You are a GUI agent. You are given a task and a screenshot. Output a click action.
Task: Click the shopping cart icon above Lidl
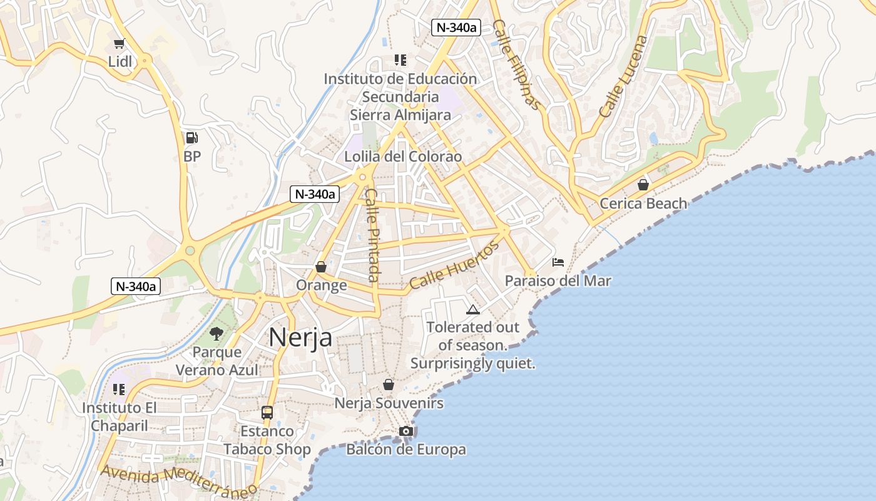[x=120, y=43]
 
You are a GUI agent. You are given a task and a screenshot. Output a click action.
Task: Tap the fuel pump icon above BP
[x=192, y=138]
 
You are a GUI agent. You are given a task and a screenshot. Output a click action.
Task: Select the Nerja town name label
[x=300, y=337]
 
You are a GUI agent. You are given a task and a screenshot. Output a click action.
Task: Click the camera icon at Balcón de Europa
[x=406, y=431]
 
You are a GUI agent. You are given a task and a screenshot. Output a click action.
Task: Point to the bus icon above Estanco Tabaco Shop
[x=267, y=413]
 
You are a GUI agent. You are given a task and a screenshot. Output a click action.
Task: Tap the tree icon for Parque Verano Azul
[x=216, y=333]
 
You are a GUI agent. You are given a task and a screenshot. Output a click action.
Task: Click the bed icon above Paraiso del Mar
[x=558, y=262]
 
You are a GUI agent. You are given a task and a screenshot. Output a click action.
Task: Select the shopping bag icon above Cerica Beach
[x=643, y=185]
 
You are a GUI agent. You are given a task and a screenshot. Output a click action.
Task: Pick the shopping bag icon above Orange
[x=321, y=267]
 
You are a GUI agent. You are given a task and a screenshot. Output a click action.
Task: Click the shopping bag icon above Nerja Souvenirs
[x=389, y=385]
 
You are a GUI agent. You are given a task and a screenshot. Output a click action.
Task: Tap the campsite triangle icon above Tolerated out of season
[x=473, y=309]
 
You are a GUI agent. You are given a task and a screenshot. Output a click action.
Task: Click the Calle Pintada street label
[x=373, y=235]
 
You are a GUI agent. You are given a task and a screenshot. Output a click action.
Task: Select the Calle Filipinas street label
[x=516, y=65]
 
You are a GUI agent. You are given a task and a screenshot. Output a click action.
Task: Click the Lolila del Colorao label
[x=403, y=157]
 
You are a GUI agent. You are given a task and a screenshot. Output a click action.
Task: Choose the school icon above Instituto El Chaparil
[x=119, y=390]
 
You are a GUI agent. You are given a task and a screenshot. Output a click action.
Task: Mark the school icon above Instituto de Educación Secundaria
[x=400, y=60]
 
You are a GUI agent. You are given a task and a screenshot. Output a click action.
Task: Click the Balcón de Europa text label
[x=406, y=450]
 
